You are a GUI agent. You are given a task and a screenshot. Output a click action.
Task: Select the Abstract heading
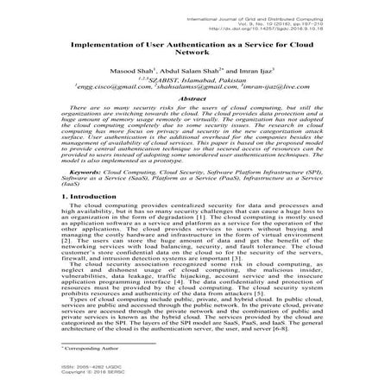coord(196,99)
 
